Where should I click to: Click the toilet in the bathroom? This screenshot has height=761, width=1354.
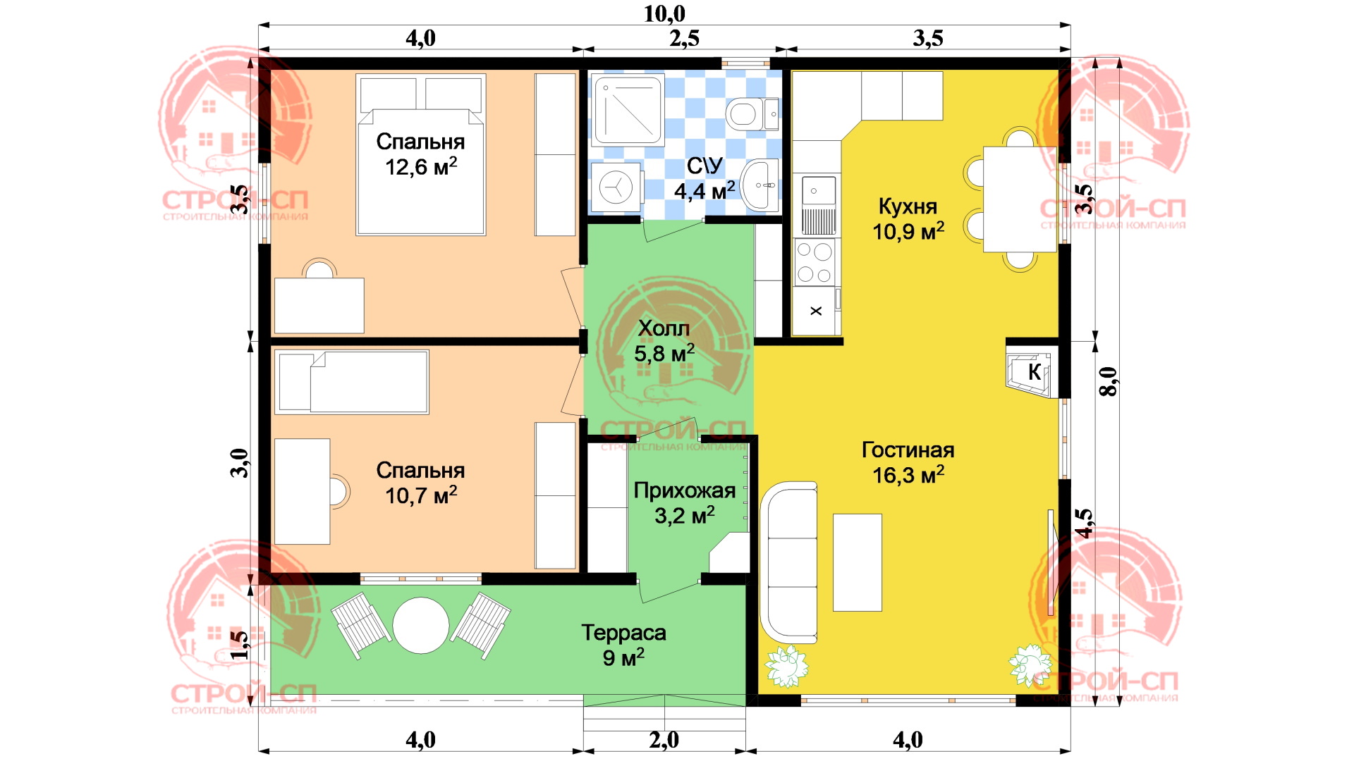(752, 113)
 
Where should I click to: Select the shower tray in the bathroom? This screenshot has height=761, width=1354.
(628, 110)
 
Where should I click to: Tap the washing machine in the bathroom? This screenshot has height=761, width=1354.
(616, 188)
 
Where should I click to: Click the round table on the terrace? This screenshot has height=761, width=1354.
(421, 626)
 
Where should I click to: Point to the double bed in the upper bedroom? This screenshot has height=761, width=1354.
(421, 155)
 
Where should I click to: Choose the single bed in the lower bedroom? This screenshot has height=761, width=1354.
(353, 382)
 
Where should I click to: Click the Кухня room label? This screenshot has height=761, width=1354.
(908, 206)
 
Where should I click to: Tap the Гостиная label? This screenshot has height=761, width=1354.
(908, 450)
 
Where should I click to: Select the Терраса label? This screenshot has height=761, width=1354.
(623, 633)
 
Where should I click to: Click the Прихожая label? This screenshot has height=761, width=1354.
(685, 490)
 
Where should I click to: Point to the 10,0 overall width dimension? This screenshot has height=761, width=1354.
(664, 13)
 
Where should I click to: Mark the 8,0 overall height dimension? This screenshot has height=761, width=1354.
(1109, 381)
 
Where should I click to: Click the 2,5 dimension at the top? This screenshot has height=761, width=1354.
(684, 38)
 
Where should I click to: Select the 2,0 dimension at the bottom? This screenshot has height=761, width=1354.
(664, 740)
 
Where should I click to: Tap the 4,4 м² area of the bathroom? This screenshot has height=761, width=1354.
(705, 190)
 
